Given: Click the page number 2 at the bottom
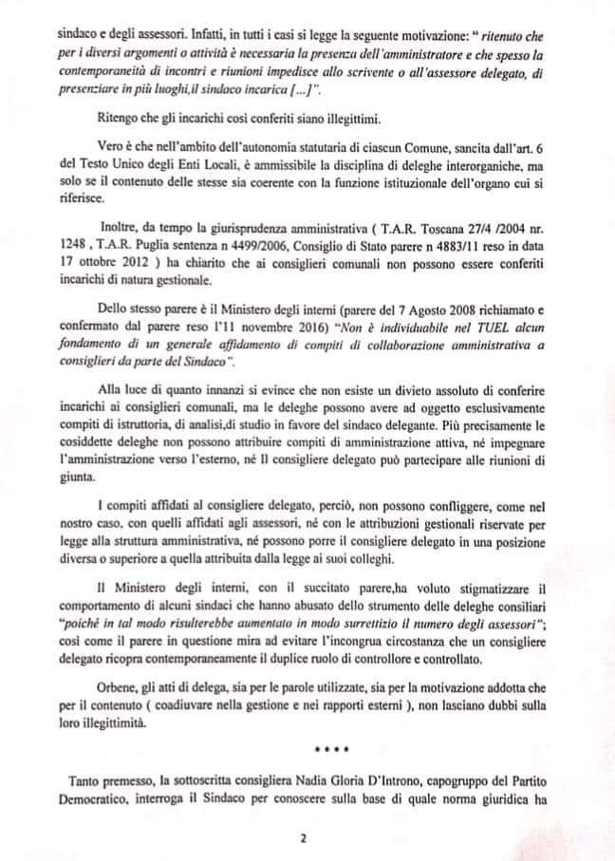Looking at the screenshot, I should (x=301, y=838).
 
